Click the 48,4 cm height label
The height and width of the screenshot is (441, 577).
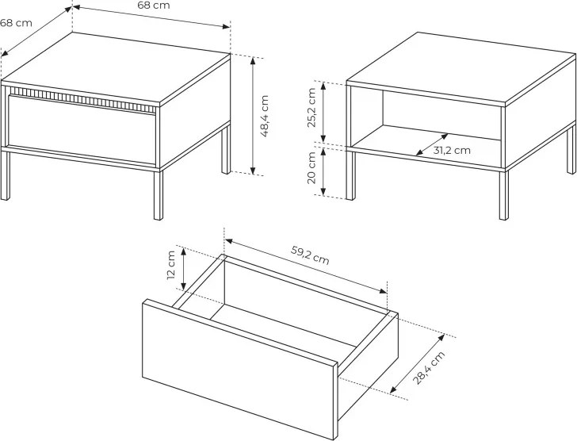[265, 116]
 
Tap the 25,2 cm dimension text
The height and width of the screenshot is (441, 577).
[311, 108]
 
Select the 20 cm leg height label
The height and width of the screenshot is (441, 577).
[311, 167]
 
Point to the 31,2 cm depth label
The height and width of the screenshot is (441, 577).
[452, 150]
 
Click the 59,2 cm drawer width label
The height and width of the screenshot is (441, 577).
[310, 255]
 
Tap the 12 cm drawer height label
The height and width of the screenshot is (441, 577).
[171, 265]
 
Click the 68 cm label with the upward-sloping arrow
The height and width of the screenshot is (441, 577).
[16, 23]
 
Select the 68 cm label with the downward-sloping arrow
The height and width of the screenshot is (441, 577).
[154, 5]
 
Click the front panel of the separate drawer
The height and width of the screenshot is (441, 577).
[239, 369]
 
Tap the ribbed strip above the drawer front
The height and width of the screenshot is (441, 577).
[84, 98]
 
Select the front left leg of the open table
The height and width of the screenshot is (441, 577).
[350, 174]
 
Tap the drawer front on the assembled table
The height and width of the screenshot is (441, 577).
[82, 129]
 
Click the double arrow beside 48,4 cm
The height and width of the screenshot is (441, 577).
[253, 116]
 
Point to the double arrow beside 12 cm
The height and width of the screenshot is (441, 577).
[184, 269]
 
